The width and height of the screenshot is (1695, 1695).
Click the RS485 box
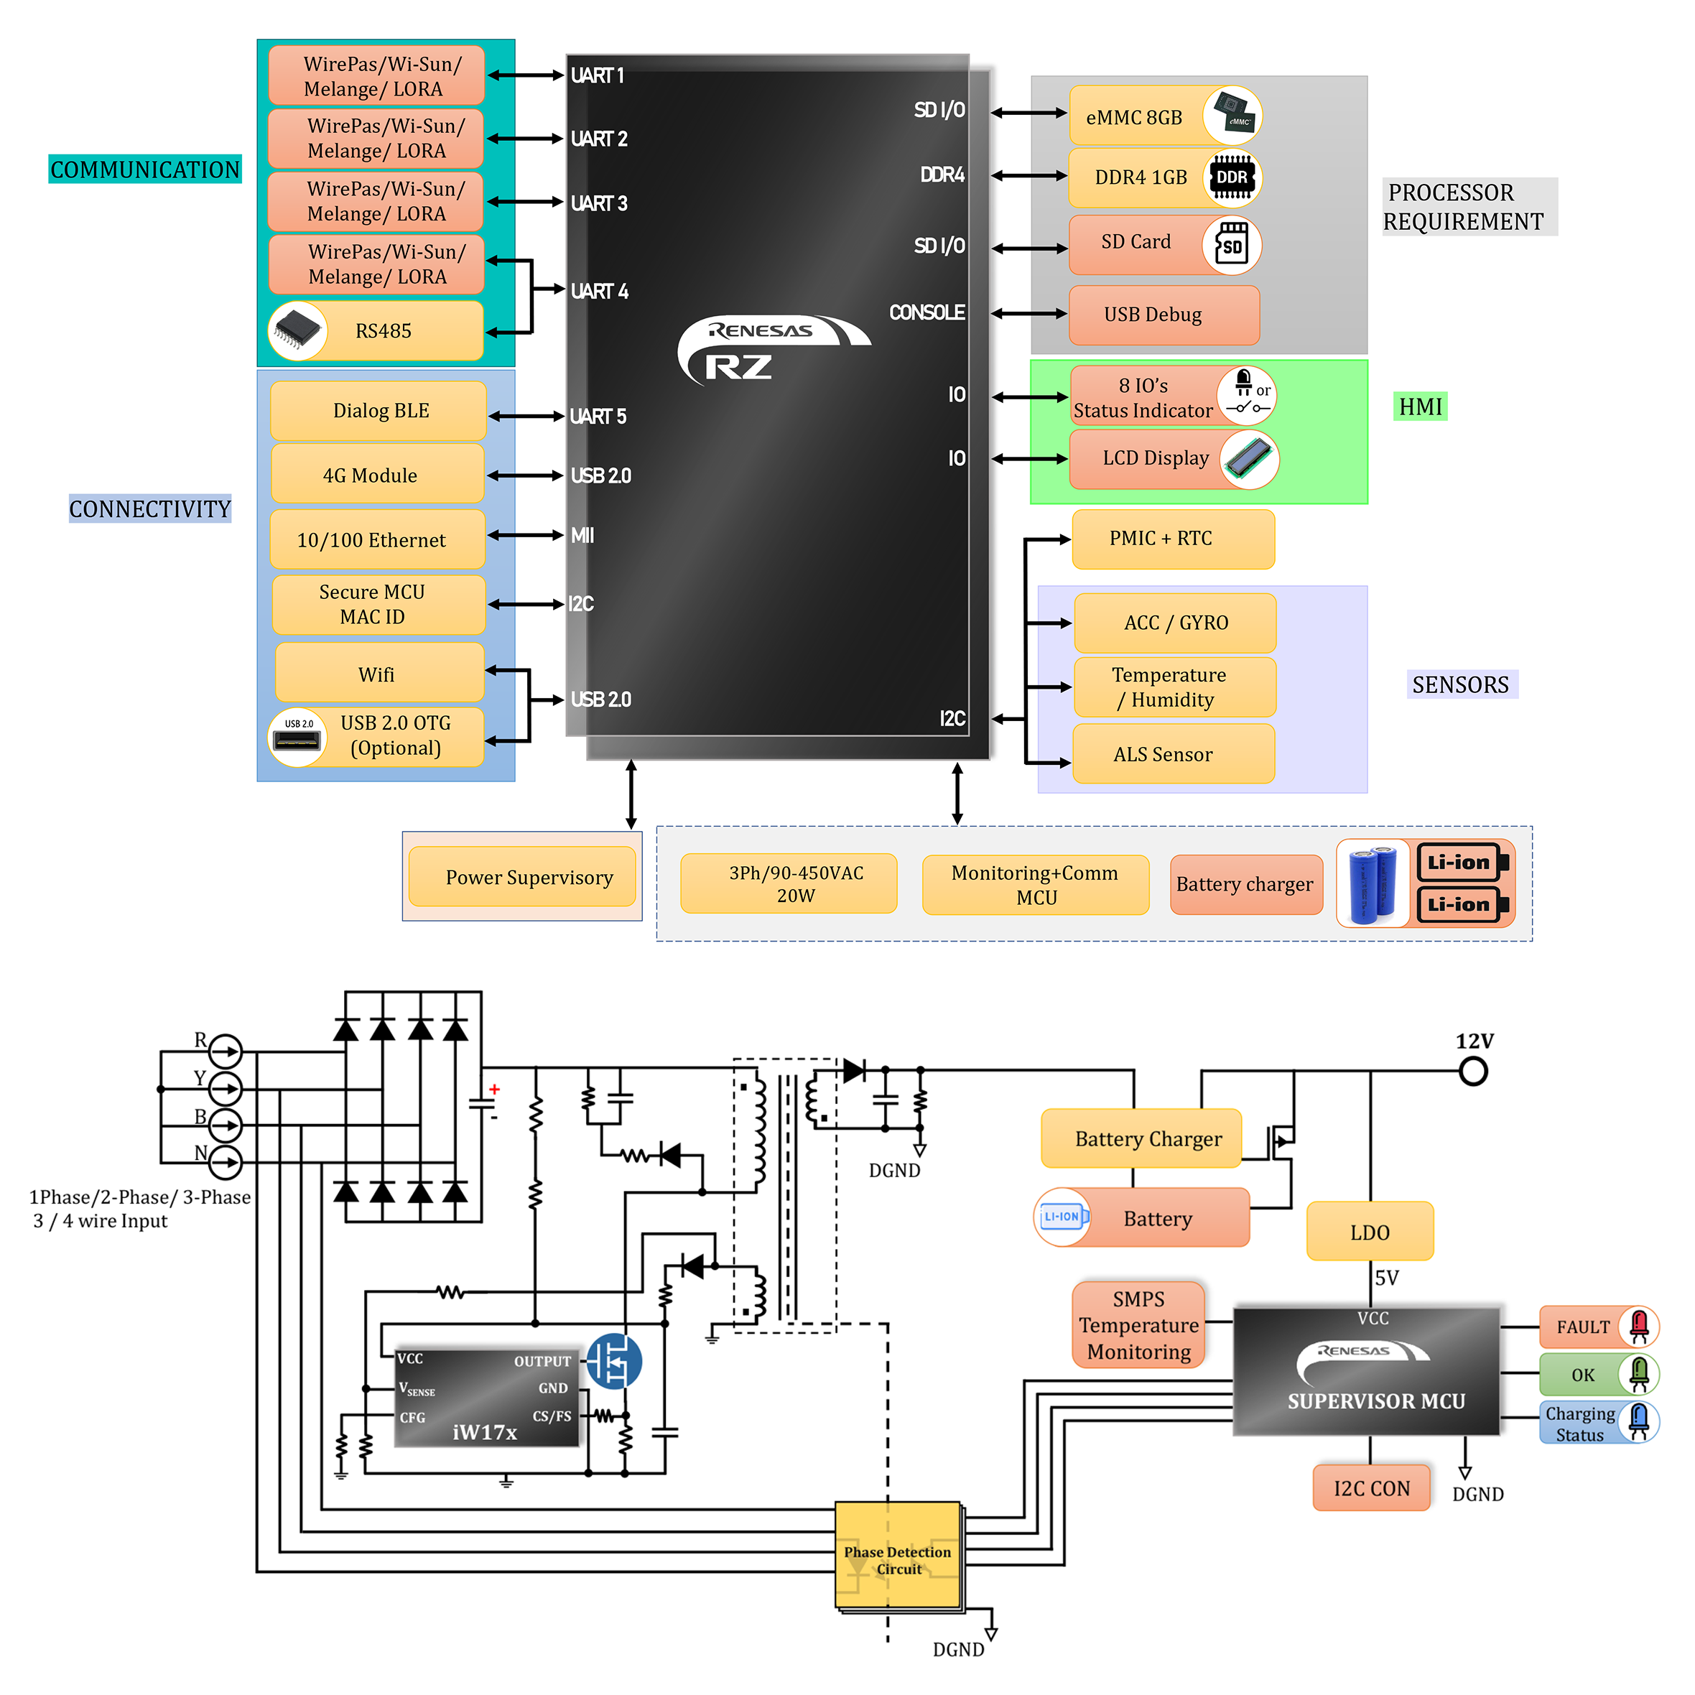pyautogui.click(x=376, y=331)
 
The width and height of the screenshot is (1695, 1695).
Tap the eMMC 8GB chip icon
pyautogui.click(x=1232, y=116)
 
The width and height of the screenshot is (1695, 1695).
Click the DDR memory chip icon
pyautogui.click(x=1232, y=178)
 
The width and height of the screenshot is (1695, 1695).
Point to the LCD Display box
pyautogui.click(x=1174, y=459)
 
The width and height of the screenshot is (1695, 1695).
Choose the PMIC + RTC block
pyautogui.click(x=1173, y=539)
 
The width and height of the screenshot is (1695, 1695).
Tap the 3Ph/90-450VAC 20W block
pyautogui.click(x=789, y=883)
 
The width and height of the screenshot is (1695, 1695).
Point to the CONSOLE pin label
pyautogui.click(x=927, y=312)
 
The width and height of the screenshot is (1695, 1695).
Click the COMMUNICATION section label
pyautogui.click(x=145, y=169)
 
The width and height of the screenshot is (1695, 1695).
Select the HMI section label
pyautogui.click(x=1421, y=407)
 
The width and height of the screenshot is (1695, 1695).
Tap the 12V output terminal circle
pyautogui.click(x=1473, y=1071)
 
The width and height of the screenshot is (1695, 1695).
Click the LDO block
pyautogui.click(x=1370, y=1232)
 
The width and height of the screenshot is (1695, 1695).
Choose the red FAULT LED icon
pyautogui.click(x=1639, y=1327)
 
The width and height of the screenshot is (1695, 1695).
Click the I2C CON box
pyautogui.click(x=1371, y=1488)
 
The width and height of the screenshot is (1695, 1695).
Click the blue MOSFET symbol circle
pyautogui.click(x=614, y=1362)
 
